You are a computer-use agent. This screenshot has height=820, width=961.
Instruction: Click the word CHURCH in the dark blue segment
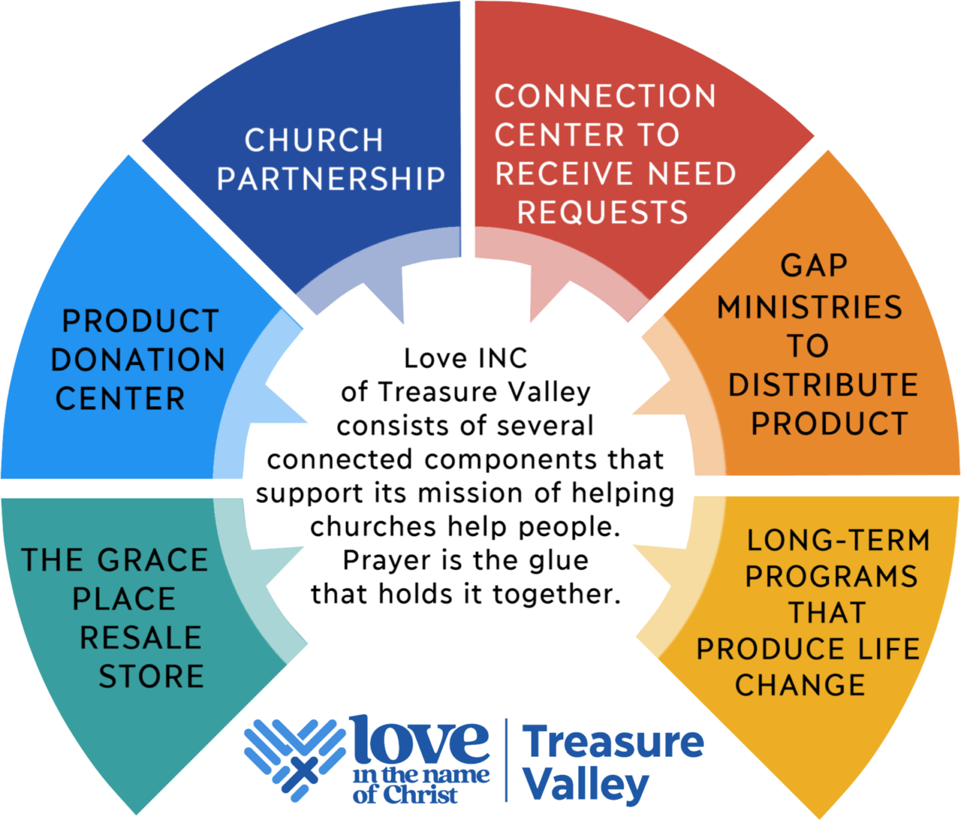tap(314, 140)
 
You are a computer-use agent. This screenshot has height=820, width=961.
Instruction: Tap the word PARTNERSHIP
tap(331, 178)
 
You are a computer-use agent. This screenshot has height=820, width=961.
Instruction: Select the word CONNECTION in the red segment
tap(605, 96)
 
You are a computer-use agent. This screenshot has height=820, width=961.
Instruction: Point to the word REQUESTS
tap(603, 213)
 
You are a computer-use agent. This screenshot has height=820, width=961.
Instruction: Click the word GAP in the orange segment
tap(813, 266)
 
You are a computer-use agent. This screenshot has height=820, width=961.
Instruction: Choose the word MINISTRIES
tap(810, 307)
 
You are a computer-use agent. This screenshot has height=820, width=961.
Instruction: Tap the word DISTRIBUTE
tap(823, 385)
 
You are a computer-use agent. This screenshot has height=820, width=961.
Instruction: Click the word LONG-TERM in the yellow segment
tap(838, 540)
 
